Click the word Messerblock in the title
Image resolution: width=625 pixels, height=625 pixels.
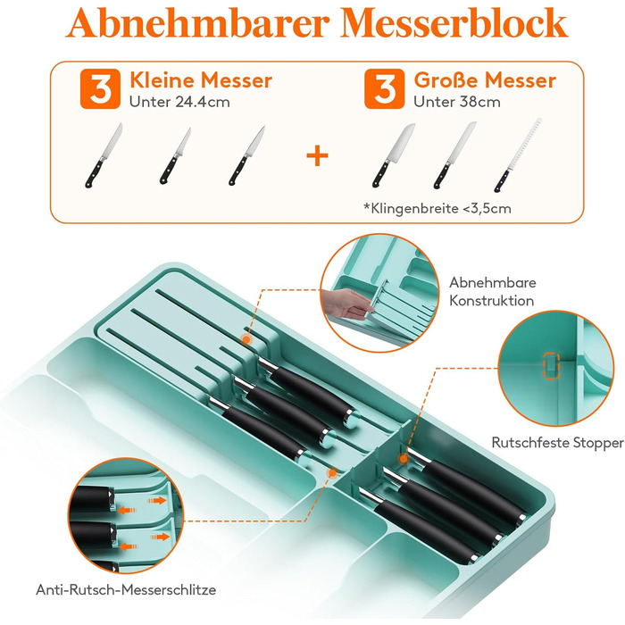[x=454, y=22]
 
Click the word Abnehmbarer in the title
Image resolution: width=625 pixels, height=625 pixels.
[x=197, y=22]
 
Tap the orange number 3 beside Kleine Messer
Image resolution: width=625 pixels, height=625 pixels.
[x=100, y=89]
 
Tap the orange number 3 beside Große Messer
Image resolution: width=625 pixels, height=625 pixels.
[x=384, y=89]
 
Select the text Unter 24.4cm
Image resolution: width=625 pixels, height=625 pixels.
[x=179, y=102]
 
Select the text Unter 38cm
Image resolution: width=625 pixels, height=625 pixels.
[x=457, y=102]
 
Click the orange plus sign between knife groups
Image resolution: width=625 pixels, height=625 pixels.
[x=317, y=155]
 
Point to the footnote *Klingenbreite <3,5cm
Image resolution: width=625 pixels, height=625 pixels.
[x=437, y=208]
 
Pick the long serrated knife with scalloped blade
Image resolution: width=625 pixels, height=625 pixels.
[x=518, y=155]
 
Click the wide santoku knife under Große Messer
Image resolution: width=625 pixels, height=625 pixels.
[x=394, y=155]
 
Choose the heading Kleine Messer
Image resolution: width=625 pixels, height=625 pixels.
[x=201, y=80]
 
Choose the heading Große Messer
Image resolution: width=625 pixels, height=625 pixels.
[x=485, y=80]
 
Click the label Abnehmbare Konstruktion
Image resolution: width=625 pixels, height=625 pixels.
[x=493, y=291]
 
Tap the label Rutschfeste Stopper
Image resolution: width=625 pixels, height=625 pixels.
[x=558, y=443]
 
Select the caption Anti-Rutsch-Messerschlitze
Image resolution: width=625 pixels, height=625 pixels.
[x=126, y=589]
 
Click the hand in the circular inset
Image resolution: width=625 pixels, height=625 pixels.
[x=347, y=304]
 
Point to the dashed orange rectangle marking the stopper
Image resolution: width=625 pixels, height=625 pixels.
[x=552, y=365]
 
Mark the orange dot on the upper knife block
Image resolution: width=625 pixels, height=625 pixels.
[x=246, y=340]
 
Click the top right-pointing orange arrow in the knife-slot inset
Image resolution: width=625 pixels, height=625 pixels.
[x=156, y=500]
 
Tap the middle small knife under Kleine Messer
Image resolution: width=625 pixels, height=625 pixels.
[x=175, y=156]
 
